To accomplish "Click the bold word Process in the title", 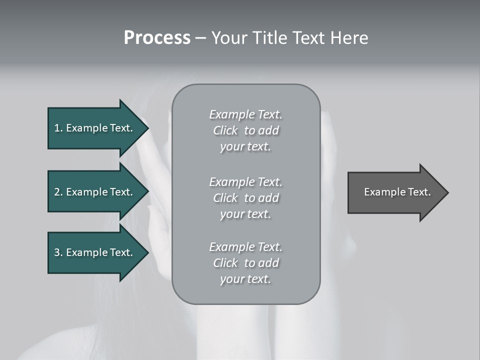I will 157,38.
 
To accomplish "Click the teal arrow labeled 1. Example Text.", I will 95,128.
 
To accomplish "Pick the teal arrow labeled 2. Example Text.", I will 95,192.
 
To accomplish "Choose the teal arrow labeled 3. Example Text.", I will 95,252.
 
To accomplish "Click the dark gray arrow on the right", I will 395,192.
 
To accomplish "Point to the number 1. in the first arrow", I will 58,128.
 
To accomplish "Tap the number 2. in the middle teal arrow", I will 58,192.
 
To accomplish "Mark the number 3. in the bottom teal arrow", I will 58,252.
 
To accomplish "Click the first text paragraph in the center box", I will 246,130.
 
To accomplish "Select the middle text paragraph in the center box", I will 246,198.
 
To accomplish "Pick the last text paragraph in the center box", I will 246,263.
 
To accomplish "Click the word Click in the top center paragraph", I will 225,130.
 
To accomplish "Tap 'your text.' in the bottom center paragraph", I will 245,279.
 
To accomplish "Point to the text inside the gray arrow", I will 397,192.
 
